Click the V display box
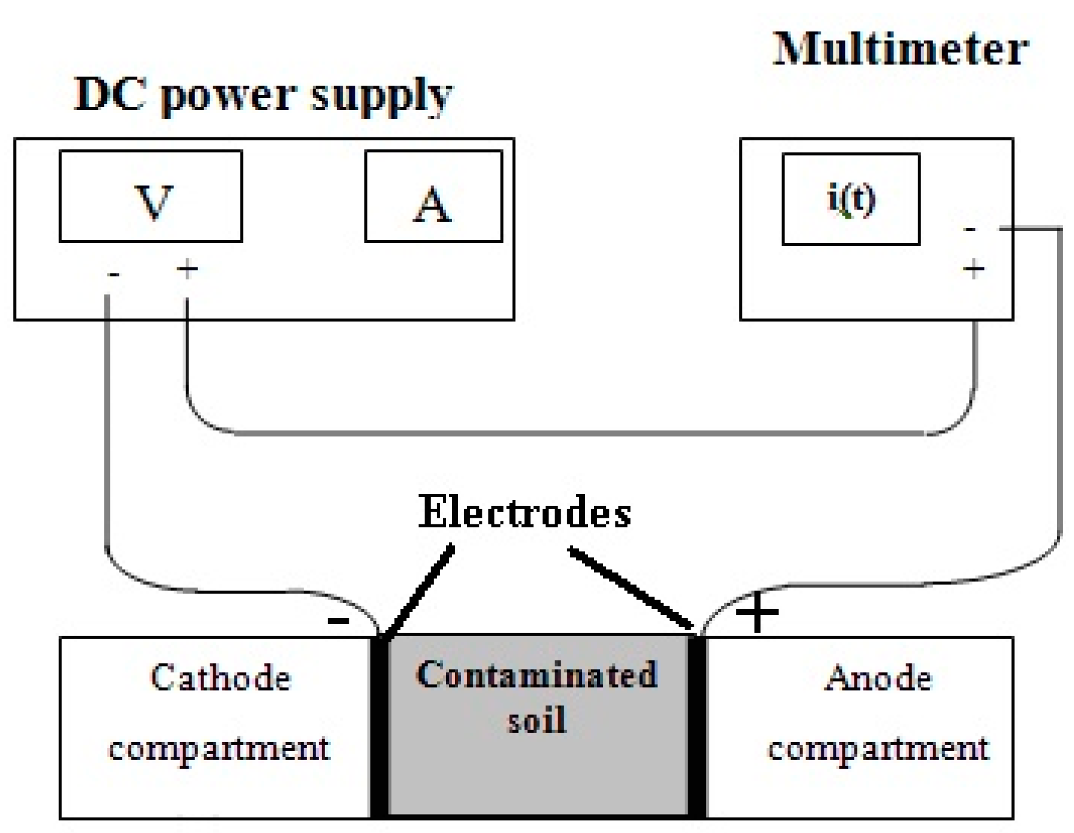pos(151,196)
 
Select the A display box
pos(433,196)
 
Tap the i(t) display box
pos(850,199)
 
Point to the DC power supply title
pos(262,95)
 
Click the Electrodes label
pos(524,512)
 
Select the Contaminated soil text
pos(537,696)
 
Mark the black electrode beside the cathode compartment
pos(380,726)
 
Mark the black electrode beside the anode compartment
pos(697,726)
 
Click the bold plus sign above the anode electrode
pos(756,612)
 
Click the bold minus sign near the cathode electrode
pos(338,620)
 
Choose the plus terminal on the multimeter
pos(974,268)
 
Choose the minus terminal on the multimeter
pos(970,230)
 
